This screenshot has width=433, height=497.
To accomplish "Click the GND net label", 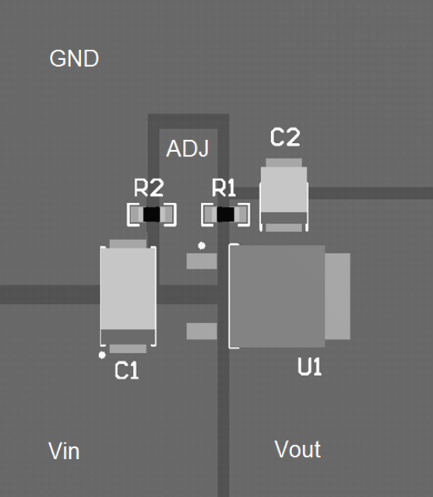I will pyautogui.click(x=74, y=59).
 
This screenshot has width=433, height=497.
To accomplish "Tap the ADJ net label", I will pyautogui.click(x=188, y=149).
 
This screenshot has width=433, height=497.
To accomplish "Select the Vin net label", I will pyautogui.click(x=64, y=451).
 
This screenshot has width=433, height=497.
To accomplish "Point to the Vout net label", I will pyautogui.click(x=297, y=450).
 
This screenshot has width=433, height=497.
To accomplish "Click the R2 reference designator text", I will pyautogui.click(x=149, y=187).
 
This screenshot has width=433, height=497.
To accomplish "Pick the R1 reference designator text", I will pyautogui.click(x=224, y=187).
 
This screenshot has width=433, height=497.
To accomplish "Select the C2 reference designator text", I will pyautogui.click(x=284, y=138).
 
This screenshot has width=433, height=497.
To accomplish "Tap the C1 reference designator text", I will pyautogui.click(x=126, y=372).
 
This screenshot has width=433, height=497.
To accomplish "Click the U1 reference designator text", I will pyautogui.click(x=309, y=367).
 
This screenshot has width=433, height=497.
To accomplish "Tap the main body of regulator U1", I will pyautogui.click(x=277, y=296).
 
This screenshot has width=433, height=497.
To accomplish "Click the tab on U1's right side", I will pyautogui.click(x=338, y=296).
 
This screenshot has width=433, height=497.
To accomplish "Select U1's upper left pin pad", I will pyautogui.click(x=201, y=261).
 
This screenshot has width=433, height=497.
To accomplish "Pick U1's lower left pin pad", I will pyautogui.click(x=201, y=331).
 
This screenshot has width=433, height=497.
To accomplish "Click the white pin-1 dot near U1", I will pyautogui.click(x=202, y=246).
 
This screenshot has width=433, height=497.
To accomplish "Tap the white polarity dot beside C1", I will pyautogui.click(x=102, y=355).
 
